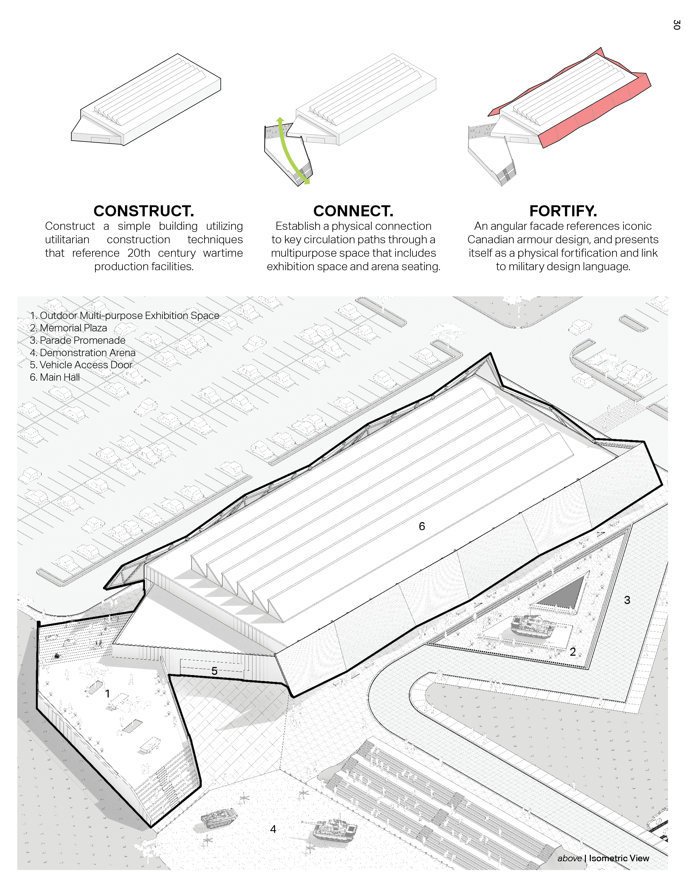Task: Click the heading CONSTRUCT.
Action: [144, 211]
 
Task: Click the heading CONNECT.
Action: [353, 211]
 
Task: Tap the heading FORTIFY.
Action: [563, 211]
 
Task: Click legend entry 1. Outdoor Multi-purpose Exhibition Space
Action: [124, 315]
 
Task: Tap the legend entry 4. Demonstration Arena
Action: [83, 353]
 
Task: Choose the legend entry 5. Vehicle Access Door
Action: [81, 365]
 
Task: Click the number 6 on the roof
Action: [422, 526]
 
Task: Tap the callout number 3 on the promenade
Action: [627, 600]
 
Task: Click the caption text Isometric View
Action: [619, 858]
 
